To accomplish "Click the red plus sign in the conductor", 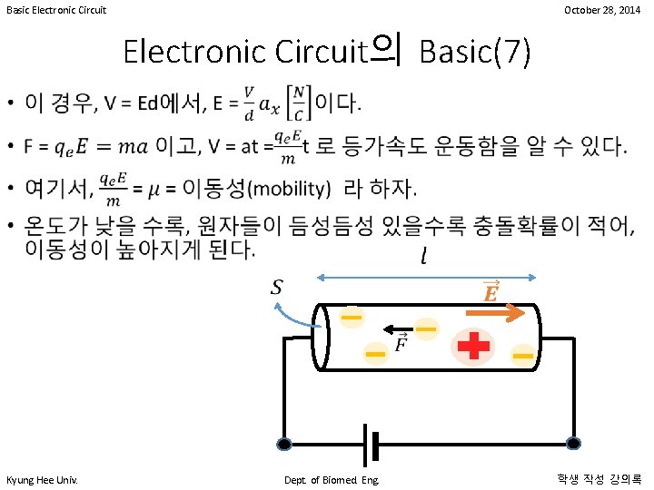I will coord(473,346).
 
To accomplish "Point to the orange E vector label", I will coord(490,292).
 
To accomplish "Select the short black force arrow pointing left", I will coord(397,328).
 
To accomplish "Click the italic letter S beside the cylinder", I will coord(277,289).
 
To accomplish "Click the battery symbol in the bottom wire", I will coord(371,444).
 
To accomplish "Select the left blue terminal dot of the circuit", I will coord(284,445).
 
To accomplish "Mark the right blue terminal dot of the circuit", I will coord(573,444).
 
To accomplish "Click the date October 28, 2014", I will coord(601,10).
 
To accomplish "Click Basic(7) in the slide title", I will coord(474,53).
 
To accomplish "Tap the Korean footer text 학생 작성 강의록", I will coord(599,478).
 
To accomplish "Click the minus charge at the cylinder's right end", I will coord(522,356).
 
